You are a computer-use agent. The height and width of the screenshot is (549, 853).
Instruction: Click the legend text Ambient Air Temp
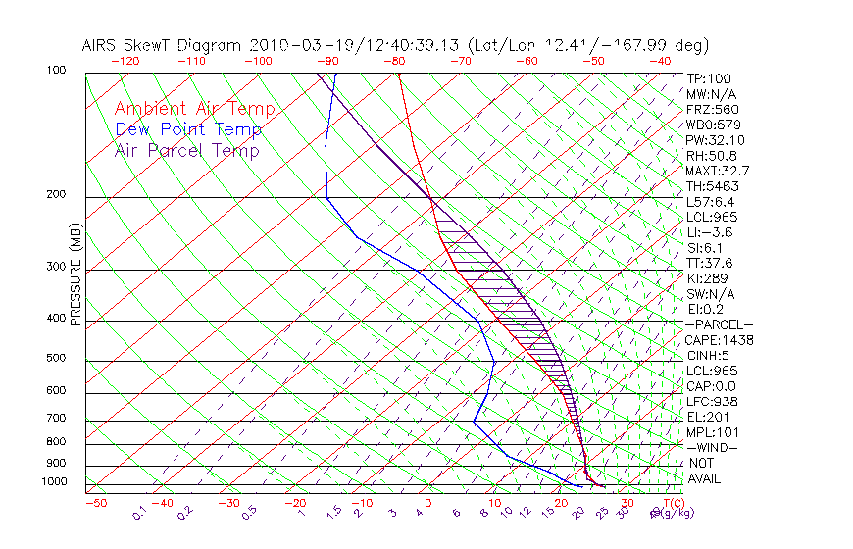click(x=194, y=109)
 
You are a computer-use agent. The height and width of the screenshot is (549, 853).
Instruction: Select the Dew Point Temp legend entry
click(x=188, y=129)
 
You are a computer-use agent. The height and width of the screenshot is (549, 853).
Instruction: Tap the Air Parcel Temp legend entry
click(x=186, y=150)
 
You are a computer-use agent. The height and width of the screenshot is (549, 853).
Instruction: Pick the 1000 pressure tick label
click(x=55, y=482)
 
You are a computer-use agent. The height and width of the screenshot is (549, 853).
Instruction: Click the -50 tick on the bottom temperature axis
click(x=95, y=504)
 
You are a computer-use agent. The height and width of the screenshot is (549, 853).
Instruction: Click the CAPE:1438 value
click(x=718, y=340)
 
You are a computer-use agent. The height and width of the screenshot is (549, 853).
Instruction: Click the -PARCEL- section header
click(x=719, y=324)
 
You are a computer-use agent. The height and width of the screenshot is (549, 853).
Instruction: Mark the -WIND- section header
click(x=712, y=447)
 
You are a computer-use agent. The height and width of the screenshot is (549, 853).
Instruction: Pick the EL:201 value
click(x=705, y=417)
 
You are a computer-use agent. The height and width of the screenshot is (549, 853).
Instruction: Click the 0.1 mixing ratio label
click(x=139, y=513)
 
